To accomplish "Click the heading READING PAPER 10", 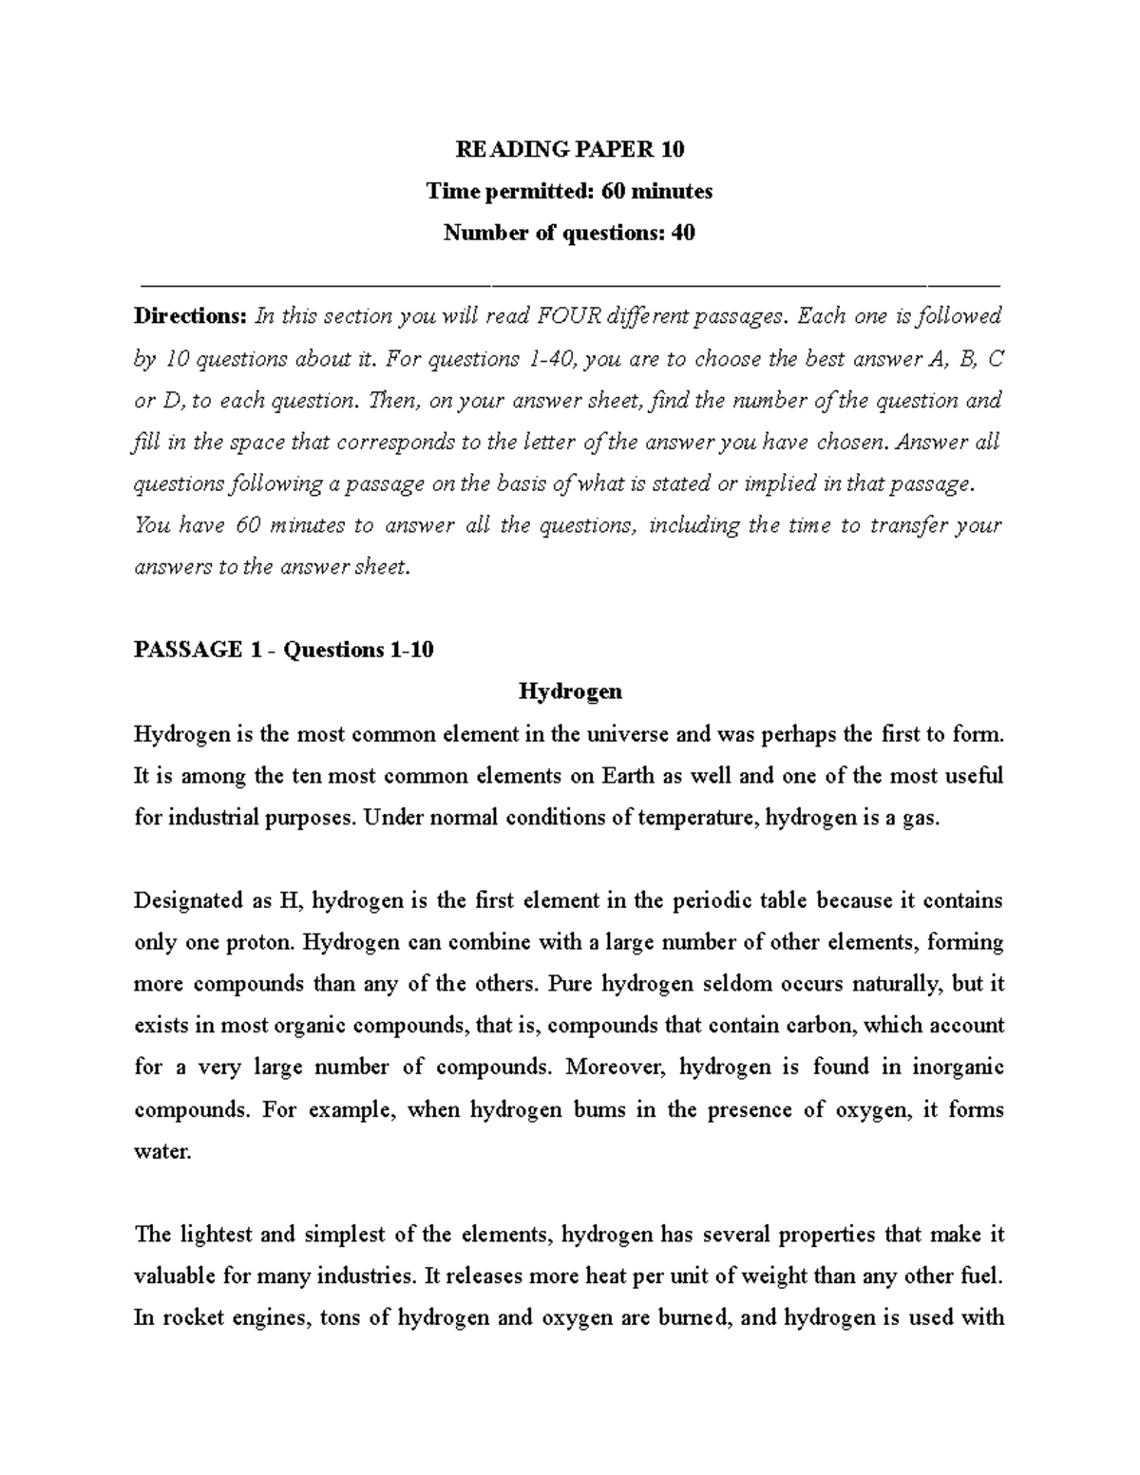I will tap(569, 149).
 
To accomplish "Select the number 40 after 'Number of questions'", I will tap(683, 233).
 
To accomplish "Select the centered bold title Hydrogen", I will tap(569, 691).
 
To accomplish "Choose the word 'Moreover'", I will tap(613, 1068).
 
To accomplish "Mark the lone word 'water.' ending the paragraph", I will tap(162, 1152).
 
